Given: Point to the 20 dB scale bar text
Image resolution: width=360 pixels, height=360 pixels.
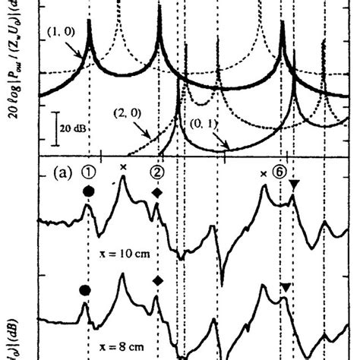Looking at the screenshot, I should coord(74,128).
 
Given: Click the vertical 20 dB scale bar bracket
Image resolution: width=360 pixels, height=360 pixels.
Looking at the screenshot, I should coord(57,128).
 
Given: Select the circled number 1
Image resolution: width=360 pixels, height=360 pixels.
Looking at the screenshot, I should coord(89,172).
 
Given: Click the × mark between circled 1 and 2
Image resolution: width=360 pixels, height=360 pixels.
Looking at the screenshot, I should coord(123,168).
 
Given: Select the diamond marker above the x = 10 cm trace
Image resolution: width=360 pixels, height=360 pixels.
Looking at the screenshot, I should coord(157,193).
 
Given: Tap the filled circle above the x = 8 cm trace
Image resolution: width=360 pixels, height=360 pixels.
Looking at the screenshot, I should coord(84,289).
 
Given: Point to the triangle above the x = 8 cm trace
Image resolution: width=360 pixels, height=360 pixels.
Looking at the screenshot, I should coord(285,286).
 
